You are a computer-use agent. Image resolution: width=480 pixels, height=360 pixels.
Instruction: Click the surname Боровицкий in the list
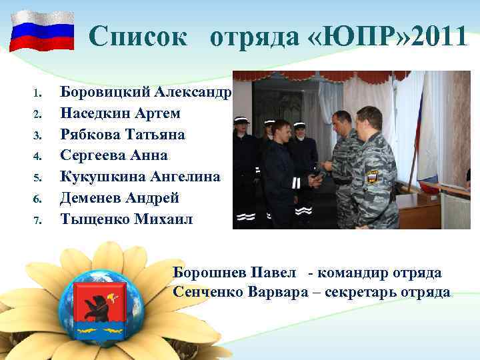pyautogui.click(x=107, y=91)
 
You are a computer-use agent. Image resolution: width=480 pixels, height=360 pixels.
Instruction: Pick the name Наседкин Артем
pyautogui.click(x=120, y=113)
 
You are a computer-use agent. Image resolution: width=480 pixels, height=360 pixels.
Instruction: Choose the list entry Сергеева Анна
pyautogui.click(x=114, y=155)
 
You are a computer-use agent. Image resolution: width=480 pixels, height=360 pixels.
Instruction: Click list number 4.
pyautogui.click(x=38, y=156)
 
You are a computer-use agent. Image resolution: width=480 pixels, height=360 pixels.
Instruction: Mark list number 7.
pyautogui.click(x=38, y=219)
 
